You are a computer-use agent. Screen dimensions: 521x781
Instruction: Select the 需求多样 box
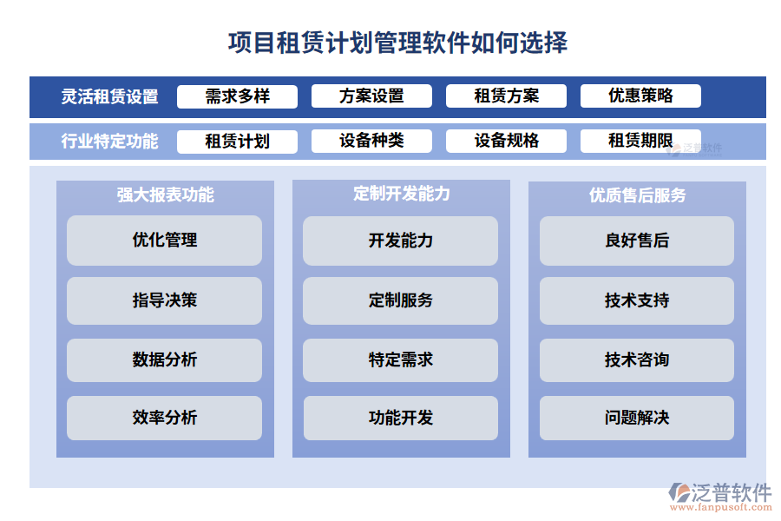point(237,96)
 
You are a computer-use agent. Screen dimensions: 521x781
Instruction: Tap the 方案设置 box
point(371,96)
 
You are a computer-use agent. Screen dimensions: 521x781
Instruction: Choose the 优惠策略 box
point(640,96)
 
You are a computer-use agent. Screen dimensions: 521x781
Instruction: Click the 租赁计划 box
point(237,142)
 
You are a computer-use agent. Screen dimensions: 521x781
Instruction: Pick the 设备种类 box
point(371,142)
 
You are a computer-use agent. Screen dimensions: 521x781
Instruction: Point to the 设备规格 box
point(506,142)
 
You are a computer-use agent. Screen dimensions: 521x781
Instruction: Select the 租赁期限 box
point(640,142)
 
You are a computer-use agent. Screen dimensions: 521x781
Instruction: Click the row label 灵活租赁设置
point(109,97)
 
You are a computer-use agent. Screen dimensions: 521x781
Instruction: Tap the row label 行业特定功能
point(109,142)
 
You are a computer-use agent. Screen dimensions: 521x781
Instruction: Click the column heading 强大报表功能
point(165,195)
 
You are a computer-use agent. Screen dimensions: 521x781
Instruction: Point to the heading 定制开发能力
point(401,194)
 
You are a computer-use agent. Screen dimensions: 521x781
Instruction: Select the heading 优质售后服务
point(637,195)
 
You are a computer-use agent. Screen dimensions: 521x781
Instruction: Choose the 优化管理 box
point(165,241)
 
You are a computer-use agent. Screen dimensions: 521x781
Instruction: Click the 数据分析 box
point(165,359)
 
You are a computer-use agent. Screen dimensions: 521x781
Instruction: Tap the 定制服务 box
point(401,300)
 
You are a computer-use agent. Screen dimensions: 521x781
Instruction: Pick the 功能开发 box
point(401,418)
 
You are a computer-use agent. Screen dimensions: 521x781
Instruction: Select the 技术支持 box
point(637,300)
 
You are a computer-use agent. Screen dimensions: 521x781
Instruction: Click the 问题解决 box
point(637,418)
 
